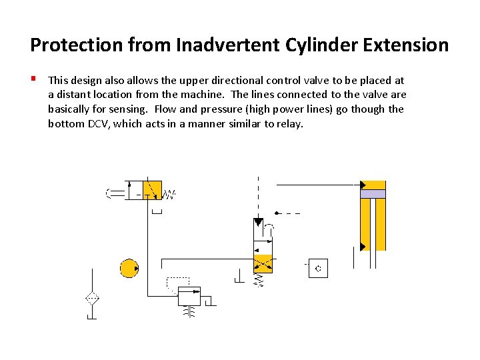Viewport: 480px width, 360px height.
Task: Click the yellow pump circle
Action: [129, 268]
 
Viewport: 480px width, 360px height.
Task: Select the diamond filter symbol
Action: [92, 299]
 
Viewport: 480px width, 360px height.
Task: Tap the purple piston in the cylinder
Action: [373, 194]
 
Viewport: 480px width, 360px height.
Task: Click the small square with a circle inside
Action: [318, 269]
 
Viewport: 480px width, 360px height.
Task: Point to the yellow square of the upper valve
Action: [153, 190]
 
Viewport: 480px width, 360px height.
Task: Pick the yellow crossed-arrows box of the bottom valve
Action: [263, 264]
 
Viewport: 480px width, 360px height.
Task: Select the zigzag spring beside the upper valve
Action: [169, 195]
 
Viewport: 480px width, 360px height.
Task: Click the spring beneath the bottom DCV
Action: [260, 281]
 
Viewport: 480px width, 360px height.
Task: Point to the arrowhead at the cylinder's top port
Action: [363, 185]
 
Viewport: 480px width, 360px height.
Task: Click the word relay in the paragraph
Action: [288, 124]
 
